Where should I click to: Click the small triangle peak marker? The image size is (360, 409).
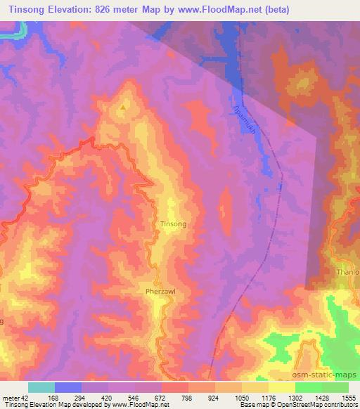click(x=124, y=108)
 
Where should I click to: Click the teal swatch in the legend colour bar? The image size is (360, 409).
click(x=41, y=387)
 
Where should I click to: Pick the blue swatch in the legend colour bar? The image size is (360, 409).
click(x=68, y=387)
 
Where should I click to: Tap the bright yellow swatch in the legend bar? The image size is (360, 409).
click(x=281, y=387)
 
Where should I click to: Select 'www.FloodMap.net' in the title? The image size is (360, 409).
click(x=212, y=10)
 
